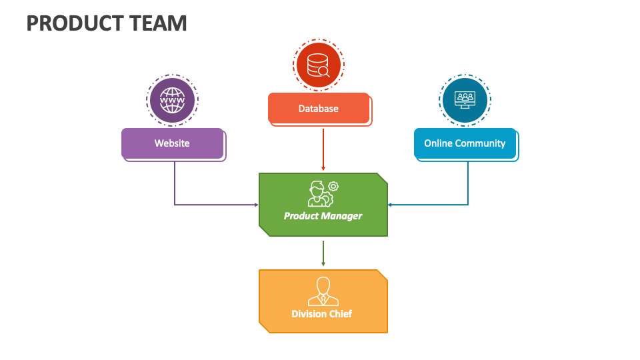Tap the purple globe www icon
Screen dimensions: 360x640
(x=173, y=101)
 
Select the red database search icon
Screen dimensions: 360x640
(x=318, y=65)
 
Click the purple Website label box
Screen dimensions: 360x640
(x=172, y=143)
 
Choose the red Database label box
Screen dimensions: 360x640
(x=318, y=108)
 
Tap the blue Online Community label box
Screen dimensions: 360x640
(x=465, y=143)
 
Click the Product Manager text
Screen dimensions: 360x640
(x=323, y=215)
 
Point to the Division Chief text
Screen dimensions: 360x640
(x=322, y=313)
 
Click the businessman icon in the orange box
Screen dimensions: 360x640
(x=323, y=291)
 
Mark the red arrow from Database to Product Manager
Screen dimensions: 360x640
(x=323, y=149)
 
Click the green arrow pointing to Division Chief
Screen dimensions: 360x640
(x=323, y=253)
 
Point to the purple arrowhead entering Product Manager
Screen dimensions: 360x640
(x=255, y=205)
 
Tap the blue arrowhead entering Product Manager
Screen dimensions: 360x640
(x=391, y=205)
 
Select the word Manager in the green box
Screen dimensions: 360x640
(x=343, y=215)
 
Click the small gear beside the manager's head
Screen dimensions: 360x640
(x=333, y=186)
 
